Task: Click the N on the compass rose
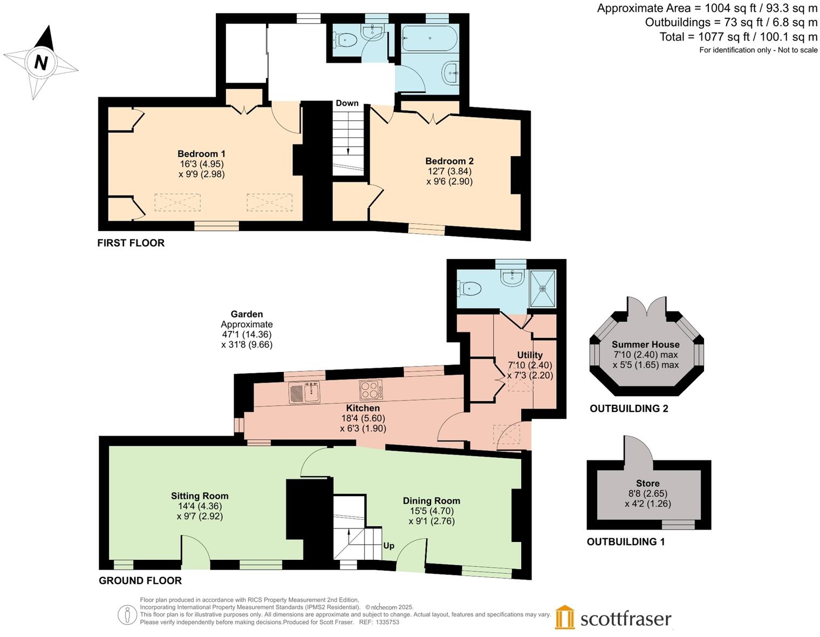[41, 63]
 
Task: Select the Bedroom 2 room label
[449, 161]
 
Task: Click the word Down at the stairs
[347, 103]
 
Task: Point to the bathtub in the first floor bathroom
[429, 38]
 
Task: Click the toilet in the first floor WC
[346, 40]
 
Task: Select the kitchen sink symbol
[305, 392]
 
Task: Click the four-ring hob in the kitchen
[371, 390]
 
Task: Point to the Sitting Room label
[200, 496]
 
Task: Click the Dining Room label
[431, 500]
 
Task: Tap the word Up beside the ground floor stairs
[388, 546]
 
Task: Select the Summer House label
[645, 344]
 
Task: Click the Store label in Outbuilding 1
[647, 483]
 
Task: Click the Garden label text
[247, 314]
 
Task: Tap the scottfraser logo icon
[565, 617]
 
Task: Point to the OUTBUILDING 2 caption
[628, 409]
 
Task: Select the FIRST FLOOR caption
[131, 243]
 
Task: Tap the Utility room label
[529, 355]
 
